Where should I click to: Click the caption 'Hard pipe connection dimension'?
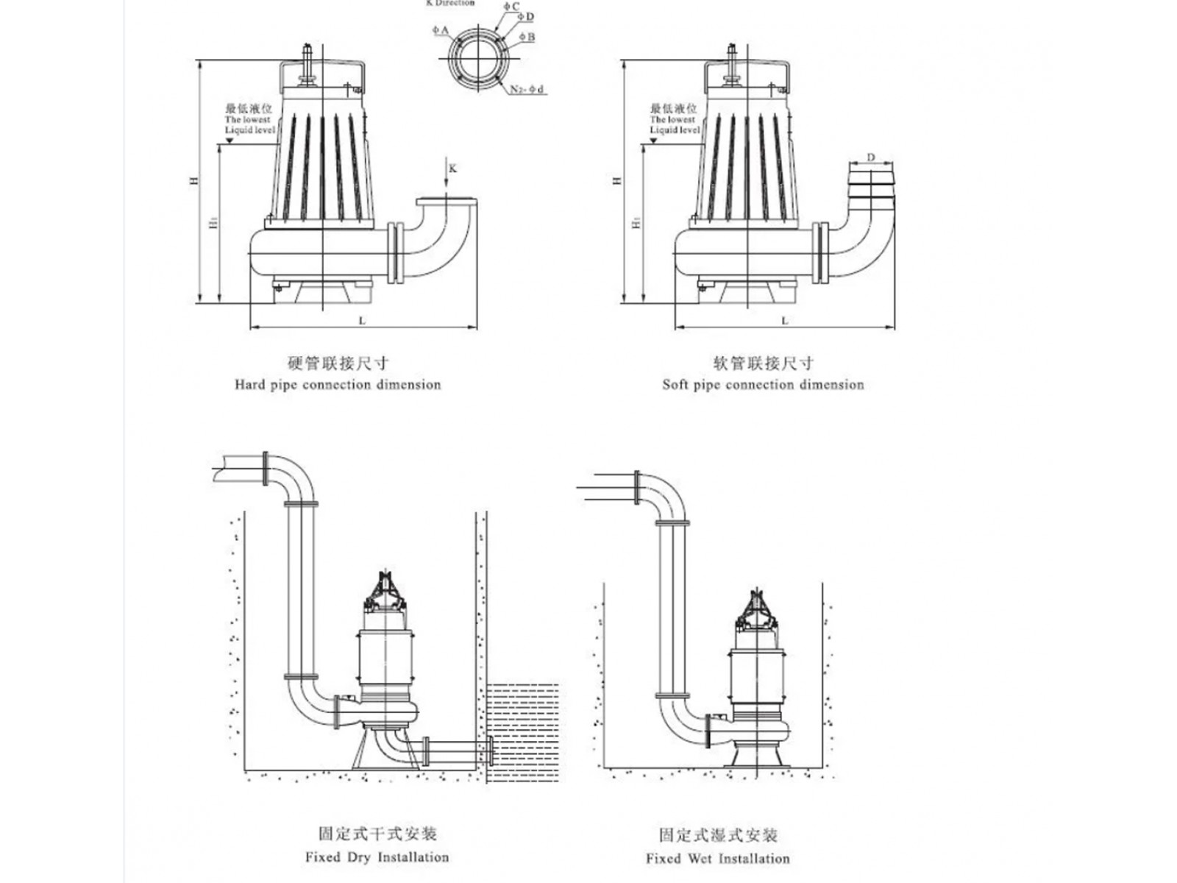(x=338, y=384)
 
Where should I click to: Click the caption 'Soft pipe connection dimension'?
(x=763, y=384)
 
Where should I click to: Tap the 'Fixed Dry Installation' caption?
(x=377, y=857)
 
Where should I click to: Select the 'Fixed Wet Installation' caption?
(x=717, y=858)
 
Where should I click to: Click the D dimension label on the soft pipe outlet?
(x=871, y=157)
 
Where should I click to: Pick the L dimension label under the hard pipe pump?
(x=362, y=321)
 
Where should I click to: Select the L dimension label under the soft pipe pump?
(x=785, y=321)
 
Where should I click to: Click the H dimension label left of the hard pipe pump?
(x=194, y=180)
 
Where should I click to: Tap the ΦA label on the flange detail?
(x=441, y=30)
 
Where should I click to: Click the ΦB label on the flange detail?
(x=527, y=37)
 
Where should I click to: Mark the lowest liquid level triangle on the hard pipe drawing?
(x=230, y=140)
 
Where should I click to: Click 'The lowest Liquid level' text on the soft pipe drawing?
(x=673, y=124)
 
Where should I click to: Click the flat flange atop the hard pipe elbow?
(x=445, y=202)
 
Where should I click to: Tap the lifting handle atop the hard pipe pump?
(x=321, y=64)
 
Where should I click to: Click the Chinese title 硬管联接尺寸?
(x=338, y=363)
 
